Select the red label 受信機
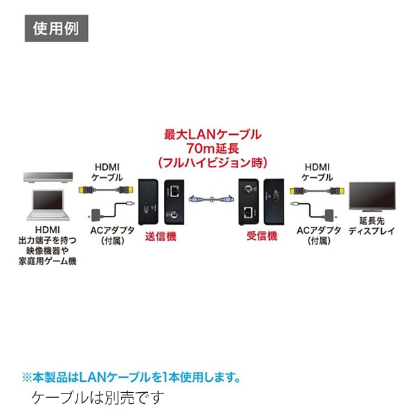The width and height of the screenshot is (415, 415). [x=261, y=236]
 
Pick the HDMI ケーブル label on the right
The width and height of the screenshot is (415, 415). [x=316, y=172]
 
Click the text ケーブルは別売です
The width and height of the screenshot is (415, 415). [x=99, y=398]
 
